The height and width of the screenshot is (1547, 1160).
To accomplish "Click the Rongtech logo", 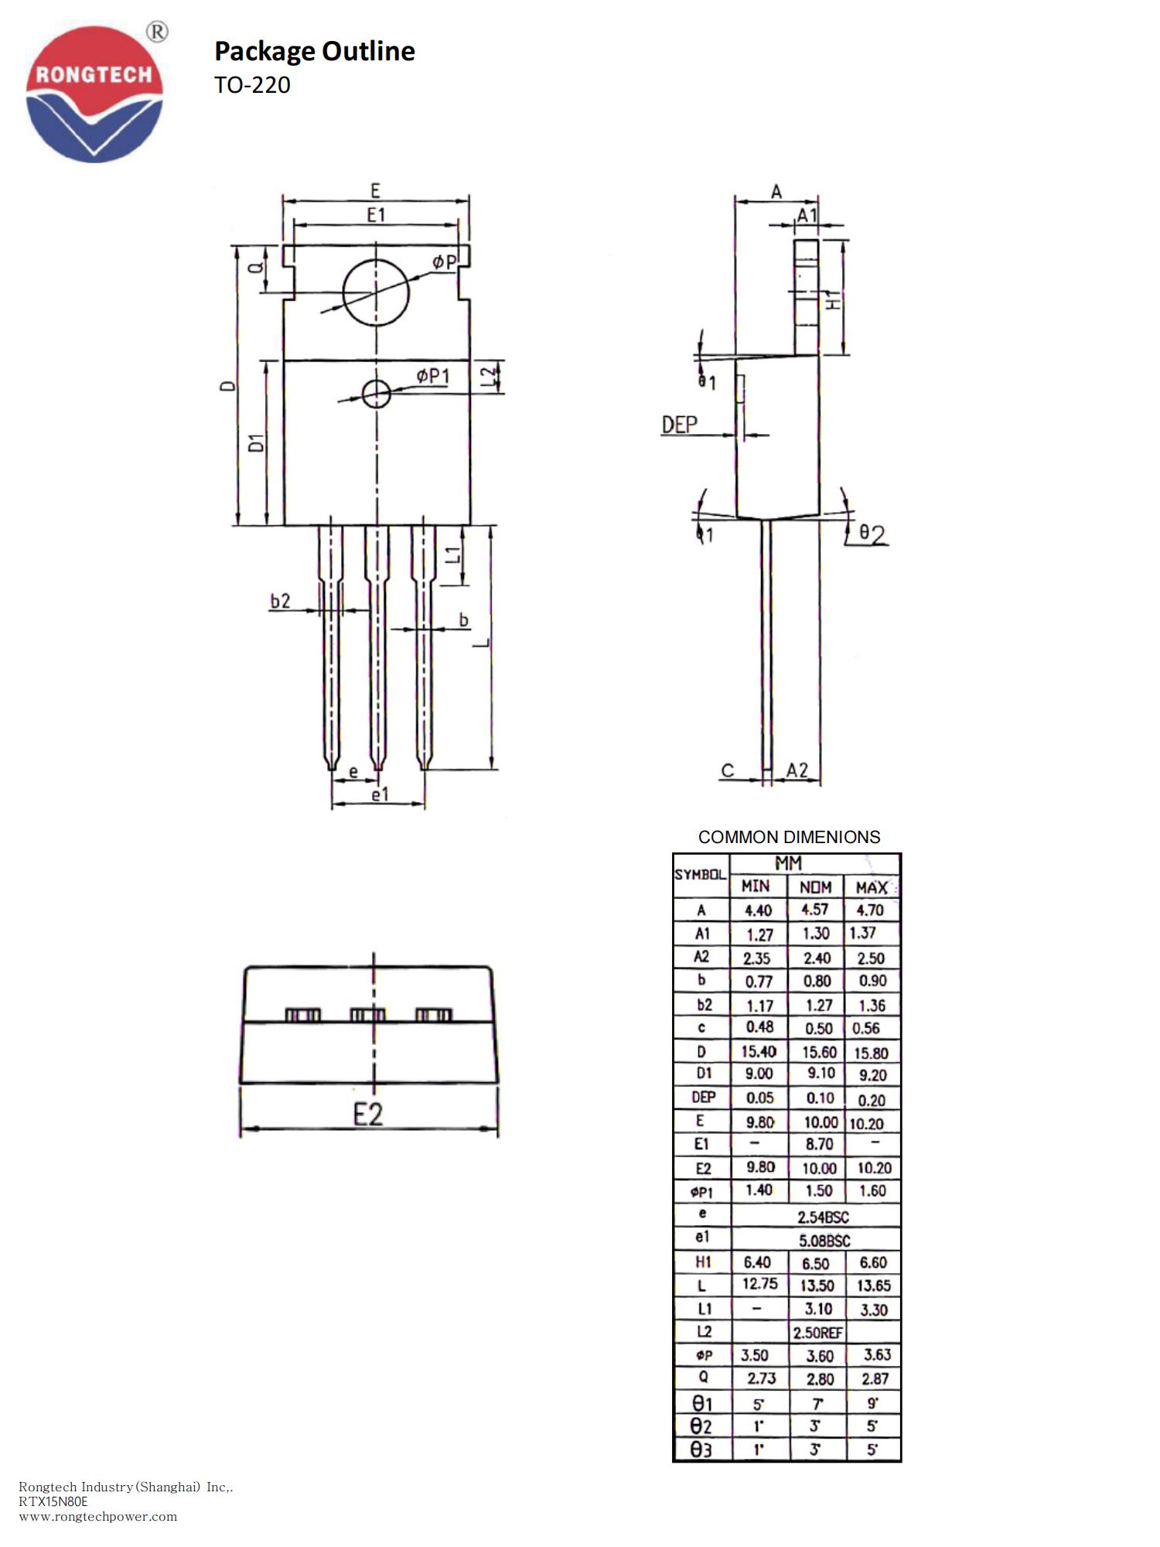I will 94,93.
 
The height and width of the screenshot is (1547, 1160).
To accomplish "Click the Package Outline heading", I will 314,51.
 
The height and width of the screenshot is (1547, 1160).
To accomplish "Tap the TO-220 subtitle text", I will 252,84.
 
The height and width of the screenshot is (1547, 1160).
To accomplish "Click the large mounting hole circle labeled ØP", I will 376,292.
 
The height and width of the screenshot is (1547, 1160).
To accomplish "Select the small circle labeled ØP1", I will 376,394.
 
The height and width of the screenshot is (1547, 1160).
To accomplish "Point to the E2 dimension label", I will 368,1115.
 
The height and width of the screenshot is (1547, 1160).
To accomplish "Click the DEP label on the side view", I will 679,424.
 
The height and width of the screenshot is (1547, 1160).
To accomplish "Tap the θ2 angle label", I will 872,534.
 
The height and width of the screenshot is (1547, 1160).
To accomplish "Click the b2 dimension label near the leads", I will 280,601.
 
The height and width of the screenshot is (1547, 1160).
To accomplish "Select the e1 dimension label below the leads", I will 380,794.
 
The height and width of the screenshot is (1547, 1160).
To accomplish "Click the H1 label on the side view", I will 832,300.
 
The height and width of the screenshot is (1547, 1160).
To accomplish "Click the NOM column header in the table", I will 816,887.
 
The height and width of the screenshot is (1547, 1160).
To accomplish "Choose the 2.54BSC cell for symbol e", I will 823,1217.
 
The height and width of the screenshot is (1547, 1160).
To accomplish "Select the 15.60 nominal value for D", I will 818,1052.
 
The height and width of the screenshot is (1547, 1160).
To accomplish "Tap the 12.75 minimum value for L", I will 759,1284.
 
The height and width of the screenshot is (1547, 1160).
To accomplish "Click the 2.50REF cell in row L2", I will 817,1333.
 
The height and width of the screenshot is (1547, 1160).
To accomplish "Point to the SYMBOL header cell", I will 701,875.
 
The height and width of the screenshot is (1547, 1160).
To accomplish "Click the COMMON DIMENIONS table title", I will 789,837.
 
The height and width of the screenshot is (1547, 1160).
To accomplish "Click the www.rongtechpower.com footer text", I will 98,1516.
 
